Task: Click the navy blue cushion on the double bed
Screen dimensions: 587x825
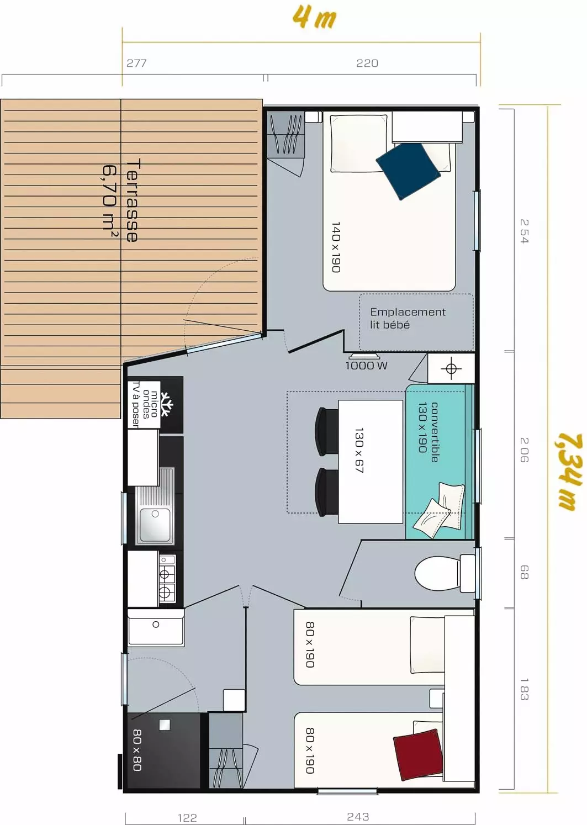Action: coord(408,171)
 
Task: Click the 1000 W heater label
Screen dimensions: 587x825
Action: coord(367,366)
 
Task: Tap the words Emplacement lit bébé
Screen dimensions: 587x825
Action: coord(408,318)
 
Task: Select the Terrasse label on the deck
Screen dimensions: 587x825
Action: coord(132,200)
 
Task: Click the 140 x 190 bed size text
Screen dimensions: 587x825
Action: coord(336,247)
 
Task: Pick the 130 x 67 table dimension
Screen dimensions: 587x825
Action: coord(359,450)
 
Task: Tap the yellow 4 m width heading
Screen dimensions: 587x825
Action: coord(314,17)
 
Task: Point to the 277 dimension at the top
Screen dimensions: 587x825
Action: coord(136,64)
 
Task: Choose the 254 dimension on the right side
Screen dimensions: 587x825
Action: coord(524,231)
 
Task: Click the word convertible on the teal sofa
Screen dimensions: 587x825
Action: coord(435,432)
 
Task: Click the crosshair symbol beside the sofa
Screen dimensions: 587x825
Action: coord(451,368)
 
